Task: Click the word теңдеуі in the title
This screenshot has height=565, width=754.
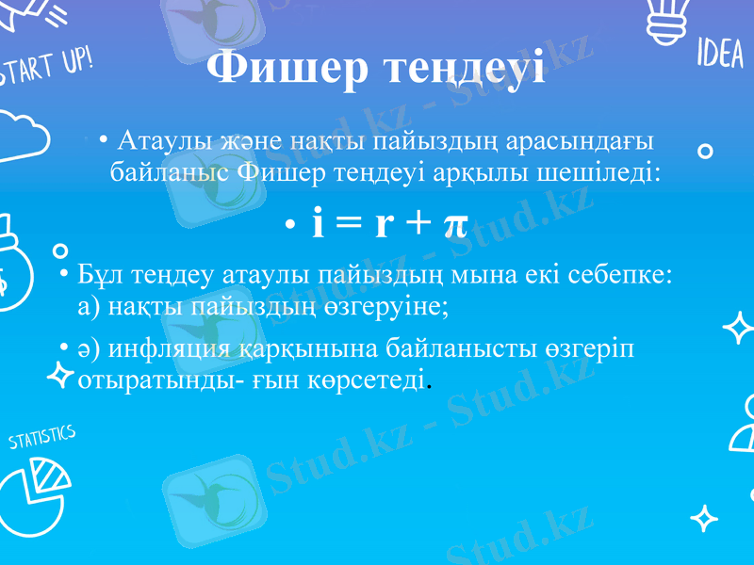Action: [x=460, y=70]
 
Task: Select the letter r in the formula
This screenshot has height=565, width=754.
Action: [x=384, y=224]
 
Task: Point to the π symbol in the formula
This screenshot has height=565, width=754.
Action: [x=454, y=224]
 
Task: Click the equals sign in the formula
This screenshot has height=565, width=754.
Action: [x=350, y=224]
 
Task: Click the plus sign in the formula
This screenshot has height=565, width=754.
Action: [x=418, y=224]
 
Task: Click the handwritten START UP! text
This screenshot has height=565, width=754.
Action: [x=47, y=68]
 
